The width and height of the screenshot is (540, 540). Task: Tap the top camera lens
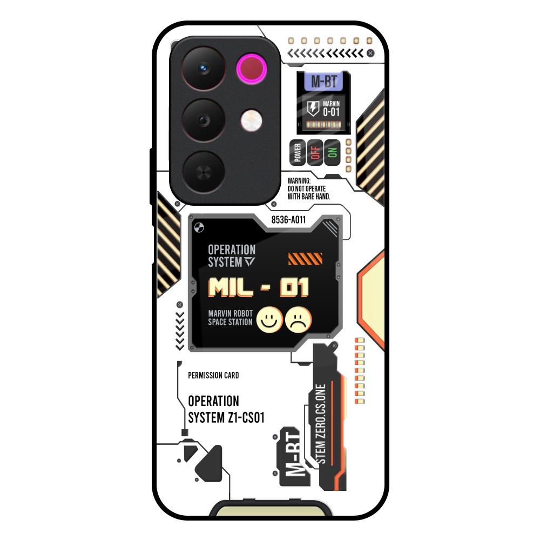point(203,69)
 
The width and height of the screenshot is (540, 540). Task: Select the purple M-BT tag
point(324,82)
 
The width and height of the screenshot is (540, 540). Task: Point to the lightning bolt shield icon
point(313,108)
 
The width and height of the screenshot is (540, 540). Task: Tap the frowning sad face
point(298,320)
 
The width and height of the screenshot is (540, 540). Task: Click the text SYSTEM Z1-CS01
point(226,417)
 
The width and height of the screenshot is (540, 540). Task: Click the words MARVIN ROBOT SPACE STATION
point(230,318)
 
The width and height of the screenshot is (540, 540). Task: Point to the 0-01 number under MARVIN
point(331,112)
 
